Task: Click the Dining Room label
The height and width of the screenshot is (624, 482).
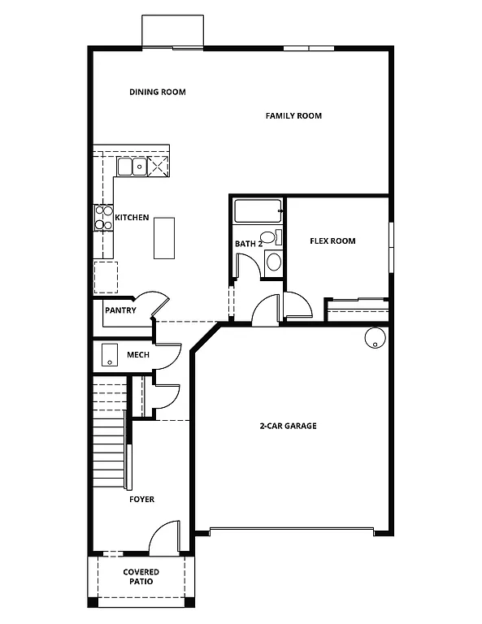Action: [157, 92]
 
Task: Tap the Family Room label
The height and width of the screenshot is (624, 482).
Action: [293, 116]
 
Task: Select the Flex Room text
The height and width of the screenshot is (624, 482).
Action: [332, 241]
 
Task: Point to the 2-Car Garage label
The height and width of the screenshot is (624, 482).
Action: [288, 426]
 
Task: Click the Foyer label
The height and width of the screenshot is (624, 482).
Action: [141, 499]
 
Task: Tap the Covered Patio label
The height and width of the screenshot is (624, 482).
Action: [141, 577]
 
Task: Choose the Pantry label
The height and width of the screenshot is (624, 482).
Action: [119, 310]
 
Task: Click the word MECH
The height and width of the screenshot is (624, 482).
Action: [137, 355]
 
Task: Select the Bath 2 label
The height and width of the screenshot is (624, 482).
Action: [248, 244]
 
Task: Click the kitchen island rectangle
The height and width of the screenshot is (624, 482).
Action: [164, 237]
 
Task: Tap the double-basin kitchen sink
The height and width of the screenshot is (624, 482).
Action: [131, 167]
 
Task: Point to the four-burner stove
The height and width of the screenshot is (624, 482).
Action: [104, 217]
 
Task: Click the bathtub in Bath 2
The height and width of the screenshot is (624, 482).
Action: [258, 212]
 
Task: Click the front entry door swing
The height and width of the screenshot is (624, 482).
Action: [165, 537]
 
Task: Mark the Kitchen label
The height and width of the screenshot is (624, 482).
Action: [132, 218]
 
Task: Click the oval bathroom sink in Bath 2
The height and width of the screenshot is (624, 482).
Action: [273, 262]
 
